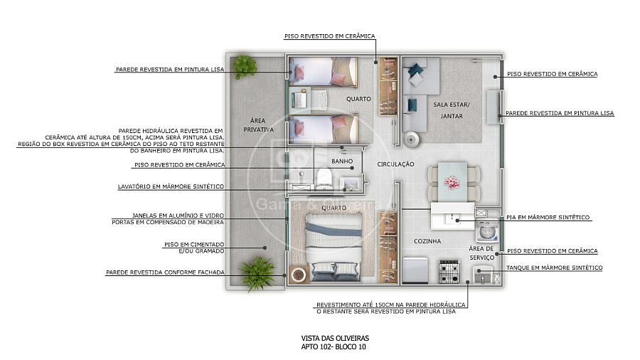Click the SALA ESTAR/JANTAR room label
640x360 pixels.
click(452, 110)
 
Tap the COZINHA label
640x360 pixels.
click(427, 241)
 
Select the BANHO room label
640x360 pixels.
click(342, 162)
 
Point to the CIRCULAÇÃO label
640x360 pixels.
click(395, 164)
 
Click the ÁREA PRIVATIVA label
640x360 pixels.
click(258, 125)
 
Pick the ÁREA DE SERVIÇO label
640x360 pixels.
click(481, 253)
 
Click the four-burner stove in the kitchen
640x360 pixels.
click(449, 271)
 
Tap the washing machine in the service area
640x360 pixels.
click(486, 231)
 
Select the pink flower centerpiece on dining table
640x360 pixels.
click(452, 182)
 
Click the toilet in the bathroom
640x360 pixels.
click(324, 179)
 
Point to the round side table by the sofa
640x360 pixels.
click(411, 139)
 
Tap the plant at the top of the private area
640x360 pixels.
click(245, 67)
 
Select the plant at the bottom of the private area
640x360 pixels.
click(256, 272)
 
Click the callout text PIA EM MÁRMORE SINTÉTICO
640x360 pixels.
click(548, 218)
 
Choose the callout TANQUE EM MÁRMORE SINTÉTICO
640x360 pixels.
click(554, 268)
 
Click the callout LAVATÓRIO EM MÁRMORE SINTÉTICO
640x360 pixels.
click(171, 186)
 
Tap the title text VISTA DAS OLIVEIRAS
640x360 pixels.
click(335, 339)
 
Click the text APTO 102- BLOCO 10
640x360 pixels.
click(334, 347)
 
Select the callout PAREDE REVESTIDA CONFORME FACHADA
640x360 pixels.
click(165, 272)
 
